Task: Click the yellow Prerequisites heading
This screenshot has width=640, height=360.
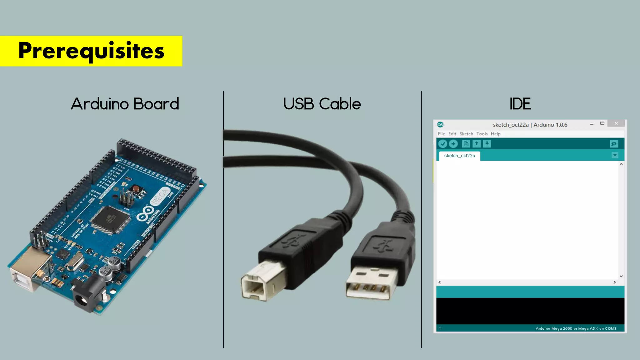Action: pos(91,51)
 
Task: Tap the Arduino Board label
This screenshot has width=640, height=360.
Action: pos(125,104)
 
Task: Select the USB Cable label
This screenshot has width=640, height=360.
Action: pos(322,104)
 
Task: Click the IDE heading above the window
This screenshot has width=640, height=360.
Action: pos(520,104)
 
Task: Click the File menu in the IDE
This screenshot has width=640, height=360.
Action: pos(441,134)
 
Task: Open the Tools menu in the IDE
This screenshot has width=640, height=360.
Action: pos(482,134)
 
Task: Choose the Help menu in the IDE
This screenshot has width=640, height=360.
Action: pos(495,134)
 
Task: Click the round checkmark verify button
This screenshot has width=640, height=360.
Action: pos(442,144)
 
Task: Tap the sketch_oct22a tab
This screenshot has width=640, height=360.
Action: pos(459,156)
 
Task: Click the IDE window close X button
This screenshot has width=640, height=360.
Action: pos(616,123)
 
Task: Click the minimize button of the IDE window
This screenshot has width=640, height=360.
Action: pos(592,124)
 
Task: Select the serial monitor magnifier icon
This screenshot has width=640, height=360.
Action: pos(614,144)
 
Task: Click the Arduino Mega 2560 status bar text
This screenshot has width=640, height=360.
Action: pos(576,328)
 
